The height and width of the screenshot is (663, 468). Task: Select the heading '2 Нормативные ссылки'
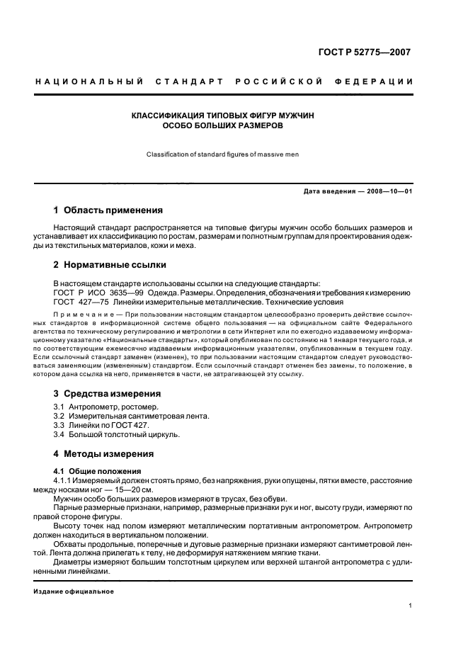110,265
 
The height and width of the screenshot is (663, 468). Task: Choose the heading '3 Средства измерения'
107,393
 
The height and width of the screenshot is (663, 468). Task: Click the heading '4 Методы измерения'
103,453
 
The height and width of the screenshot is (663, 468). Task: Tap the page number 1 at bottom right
411,606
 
